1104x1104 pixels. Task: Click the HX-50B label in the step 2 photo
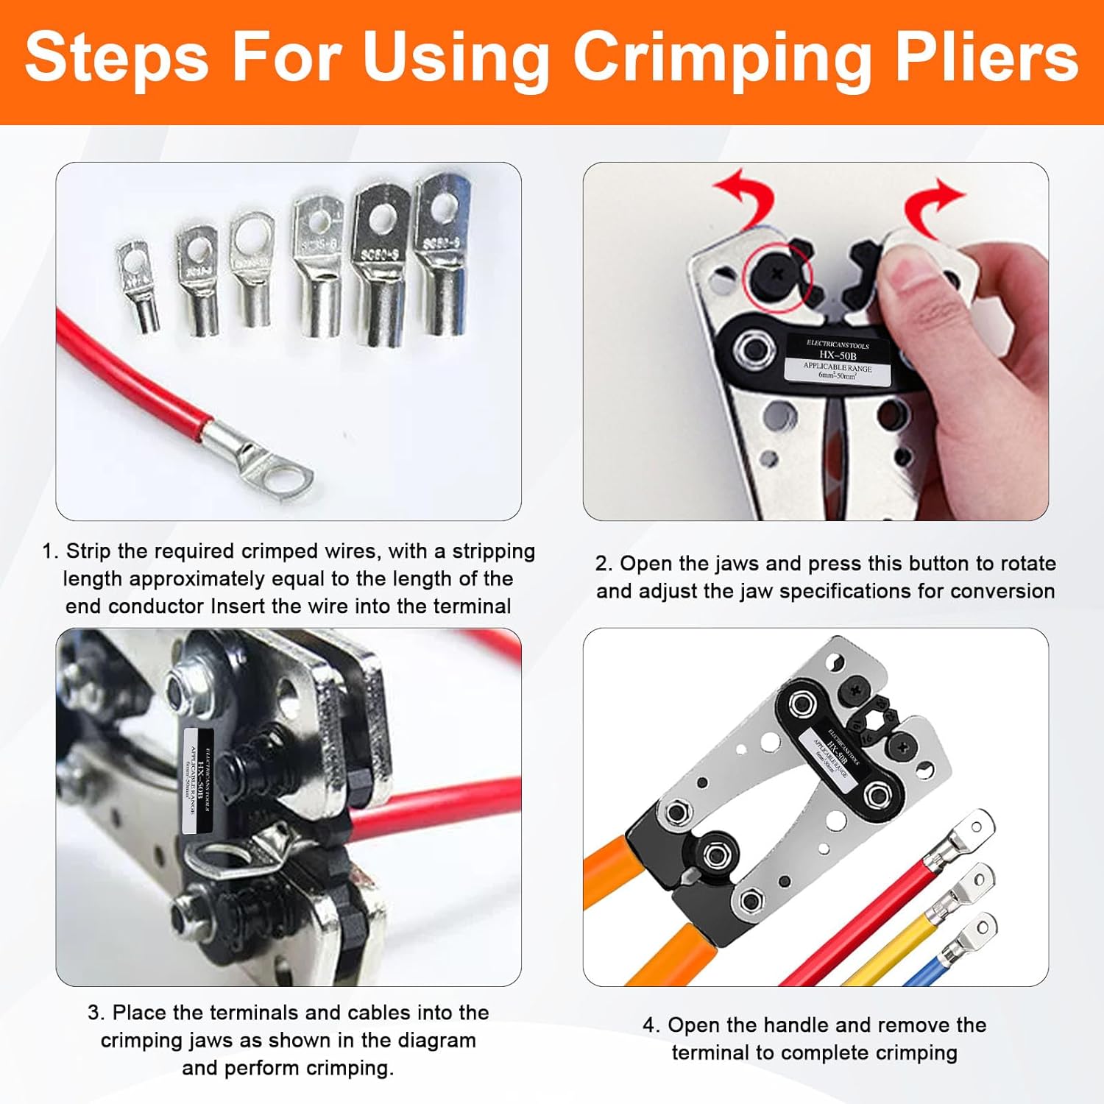pos(837,360)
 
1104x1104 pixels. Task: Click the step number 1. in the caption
pos(50,551)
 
